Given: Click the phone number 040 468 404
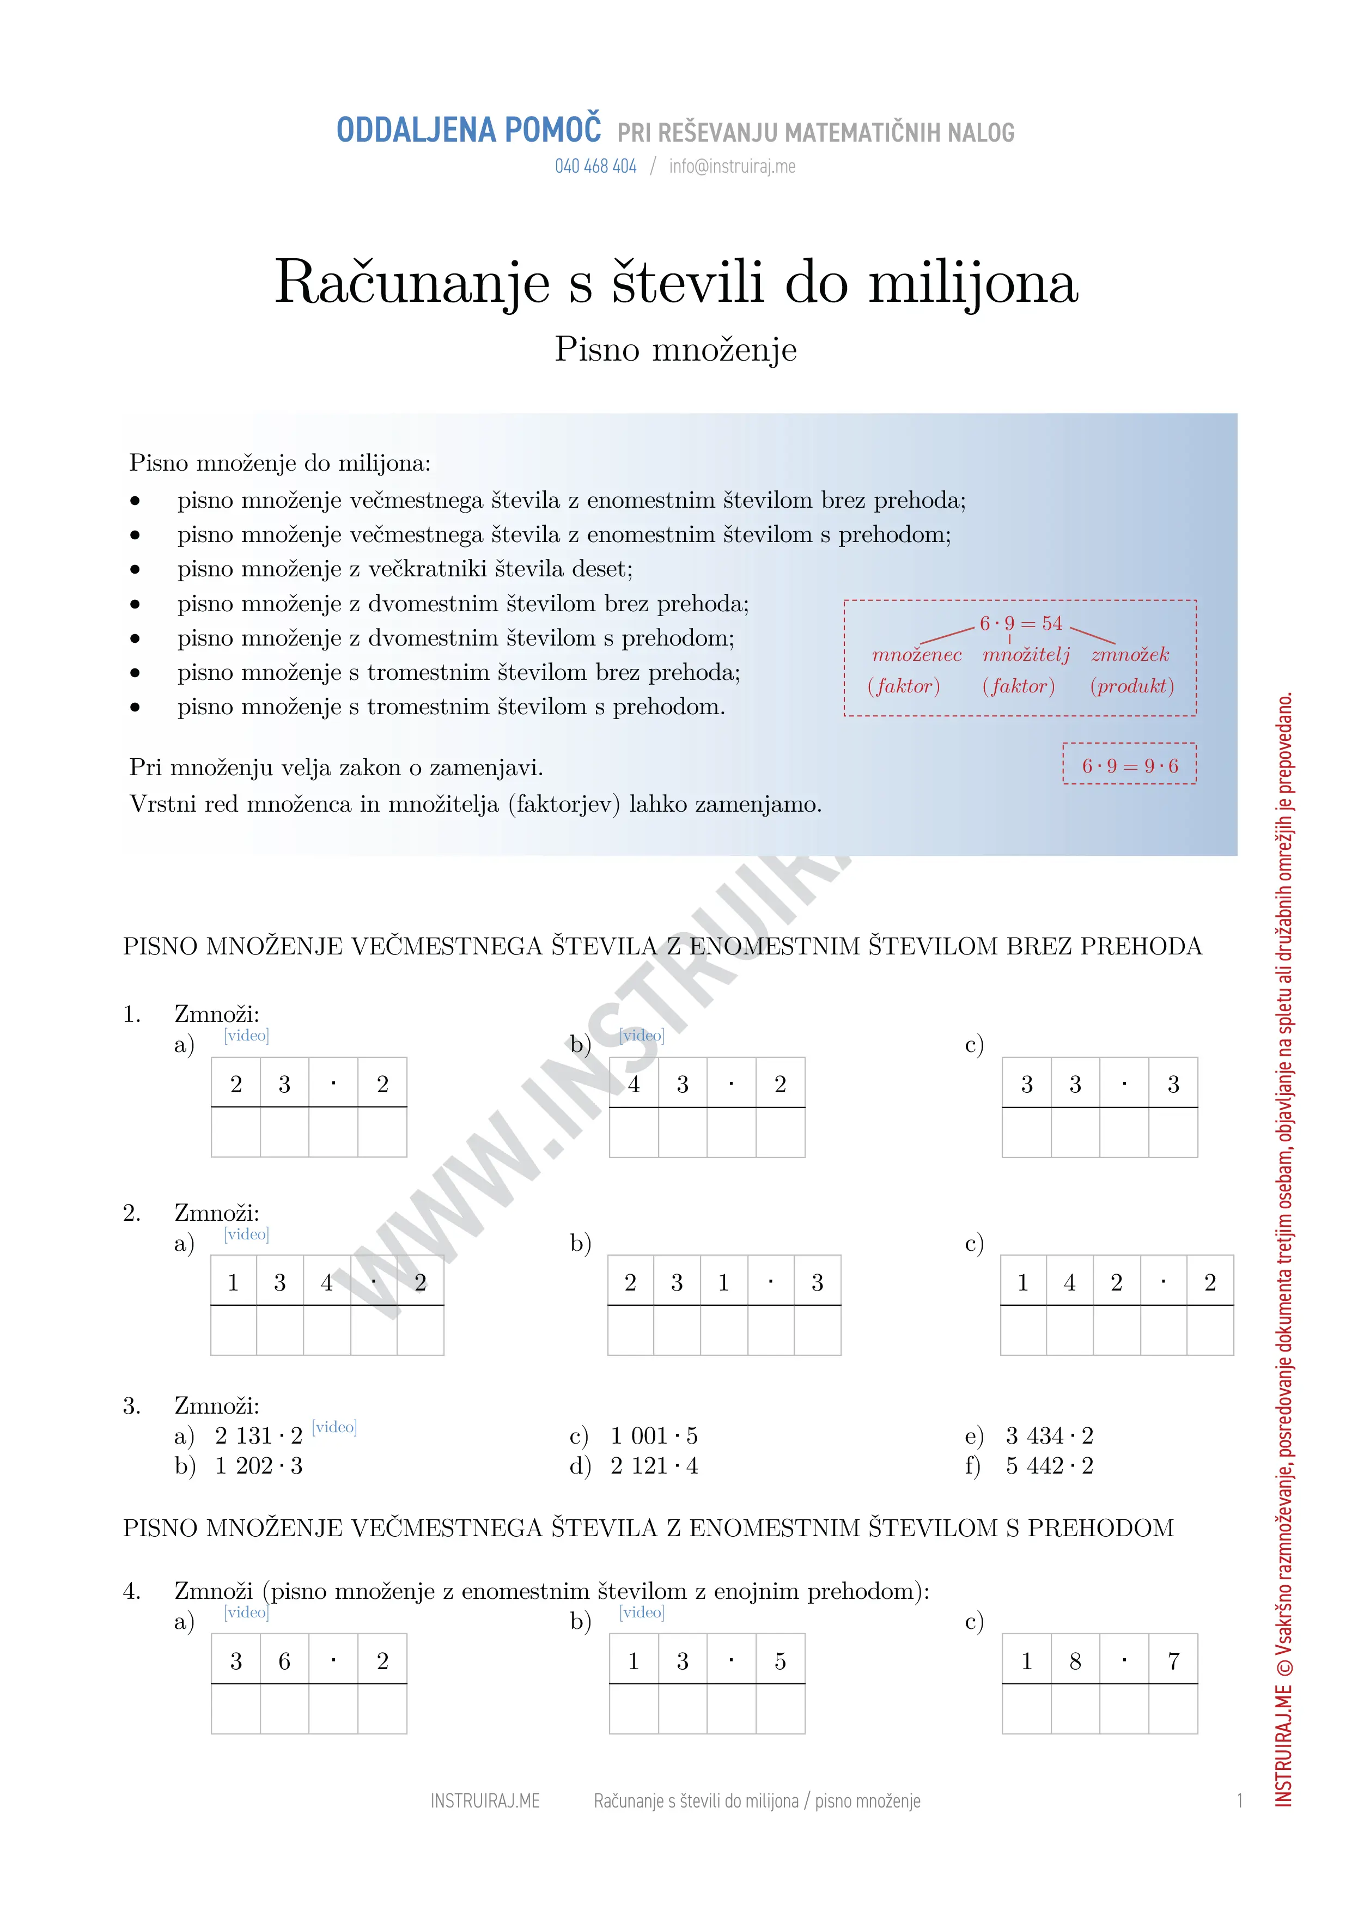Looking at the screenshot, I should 595,167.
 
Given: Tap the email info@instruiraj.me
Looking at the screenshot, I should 732,167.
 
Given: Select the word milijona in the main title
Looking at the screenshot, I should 973,282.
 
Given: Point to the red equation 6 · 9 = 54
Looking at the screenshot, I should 1021,623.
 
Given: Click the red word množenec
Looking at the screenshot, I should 917,655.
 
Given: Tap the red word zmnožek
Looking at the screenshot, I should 1130,655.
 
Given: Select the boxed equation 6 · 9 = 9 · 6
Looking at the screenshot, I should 1130,766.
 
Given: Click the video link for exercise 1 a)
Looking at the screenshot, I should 246,1036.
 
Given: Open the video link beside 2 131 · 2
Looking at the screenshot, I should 334,1427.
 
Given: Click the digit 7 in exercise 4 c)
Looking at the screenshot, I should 1173,1662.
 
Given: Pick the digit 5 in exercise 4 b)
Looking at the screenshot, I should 780,1662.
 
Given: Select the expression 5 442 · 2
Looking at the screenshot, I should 1049,1466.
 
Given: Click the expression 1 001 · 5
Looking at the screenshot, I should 654,1436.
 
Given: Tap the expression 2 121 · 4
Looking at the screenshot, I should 654,1466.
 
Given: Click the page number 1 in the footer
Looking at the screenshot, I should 1240,1801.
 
